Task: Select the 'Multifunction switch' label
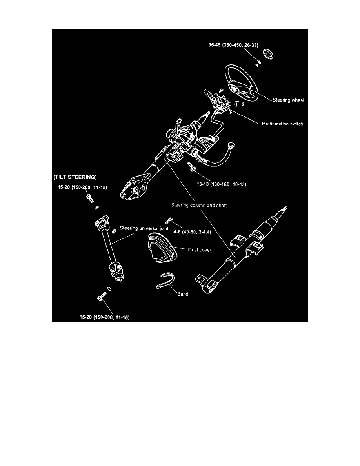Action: coord(282,124)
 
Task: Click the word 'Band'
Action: coord(182,294)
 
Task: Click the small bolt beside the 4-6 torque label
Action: coord(169,220)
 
